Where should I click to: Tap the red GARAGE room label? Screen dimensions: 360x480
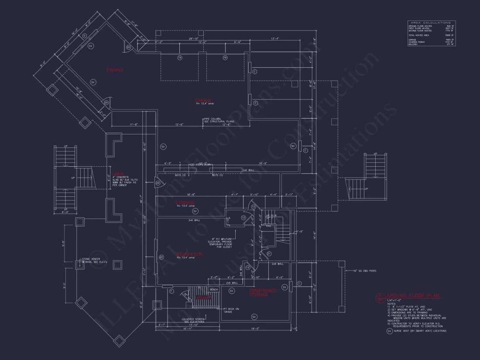[203, 100]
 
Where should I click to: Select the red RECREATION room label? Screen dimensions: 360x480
[189, 254]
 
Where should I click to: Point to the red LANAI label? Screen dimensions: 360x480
[118, 173]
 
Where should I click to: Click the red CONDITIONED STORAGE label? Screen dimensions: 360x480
[262, 292]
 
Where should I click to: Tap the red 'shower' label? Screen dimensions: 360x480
[203, 298]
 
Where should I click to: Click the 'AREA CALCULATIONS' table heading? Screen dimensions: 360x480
[431, 22]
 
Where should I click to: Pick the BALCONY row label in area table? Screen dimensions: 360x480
[413, 44]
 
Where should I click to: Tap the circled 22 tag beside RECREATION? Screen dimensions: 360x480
[161, 257]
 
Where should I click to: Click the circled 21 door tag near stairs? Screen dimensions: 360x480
[269, 254]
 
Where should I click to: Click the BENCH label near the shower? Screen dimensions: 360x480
[214, 289]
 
